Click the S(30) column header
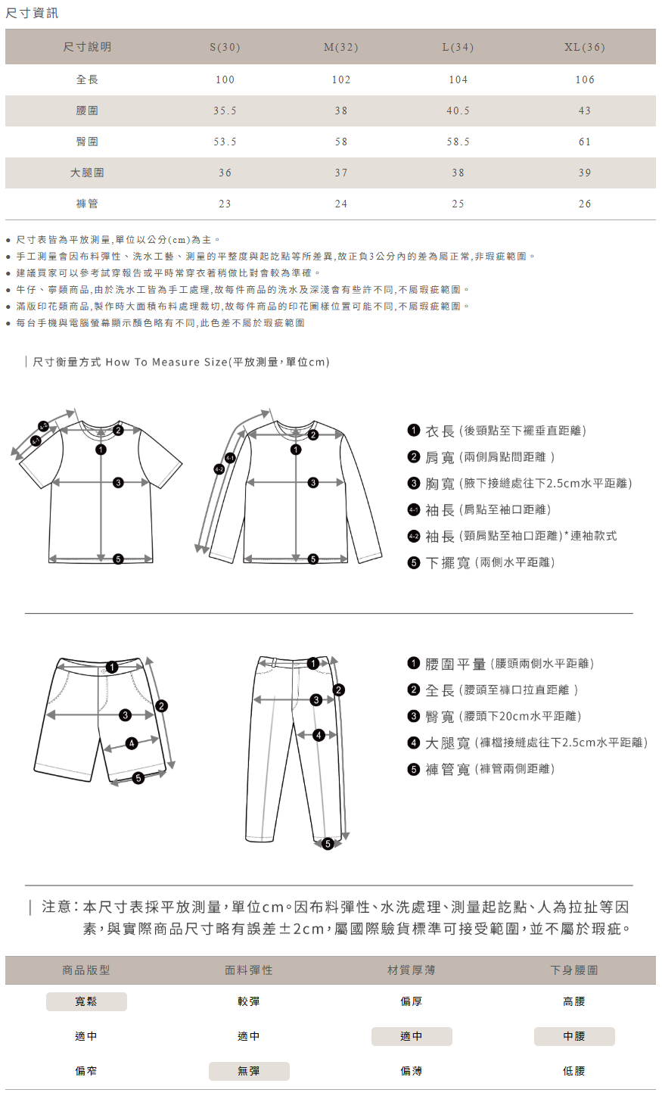pos(225,47)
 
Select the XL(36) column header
pos(584,47)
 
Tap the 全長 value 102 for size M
pos(341,79)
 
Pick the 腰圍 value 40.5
pos(458,111)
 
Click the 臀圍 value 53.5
pos(225,142)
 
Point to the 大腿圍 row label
pos(87,173)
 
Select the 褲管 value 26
pos(584,204)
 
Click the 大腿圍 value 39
pos(584,173)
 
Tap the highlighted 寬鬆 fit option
pos(86,1001)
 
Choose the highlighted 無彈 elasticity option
pos(249,1071)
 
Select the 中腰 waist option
pos(574,1036)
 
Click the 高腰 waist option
pos(574,1001)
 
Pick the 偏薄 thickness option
pos(412,1071)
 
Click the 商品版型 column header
pos(86,970)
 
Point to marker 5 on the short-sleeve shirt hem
pos(118,559)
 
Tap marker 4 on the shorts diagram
pos(132,743)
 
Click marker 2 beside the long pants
pos(339,690)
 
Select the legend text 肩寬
pos(440,457)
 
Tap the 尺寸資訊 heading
pos(32,13)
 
